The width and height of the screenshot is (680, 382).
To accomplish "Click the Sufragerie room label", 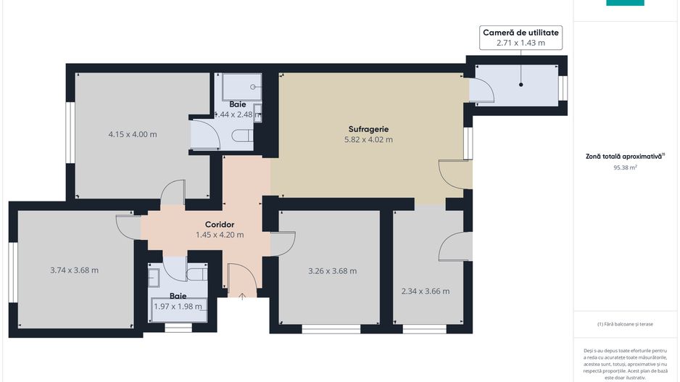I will [x=368, y=129].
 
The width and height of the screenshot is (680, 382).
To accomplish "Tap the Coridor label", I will [x=219, y=224].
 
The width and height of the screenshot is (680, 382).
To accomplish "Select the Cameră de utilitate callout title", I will [x=521, y=33].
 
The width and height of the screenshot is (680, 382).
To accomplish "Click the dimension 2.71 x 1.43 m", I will [x=521, y=43].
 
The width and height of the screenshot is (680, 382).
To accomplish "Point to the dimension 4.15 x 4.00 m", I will [x=133, y=134].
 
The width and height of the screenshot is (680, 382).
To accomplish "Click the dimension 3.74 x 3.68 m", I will [x=74, y=270].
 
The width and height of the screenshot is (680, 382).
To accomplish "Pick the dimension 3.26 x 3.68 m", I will [x=332, y=271].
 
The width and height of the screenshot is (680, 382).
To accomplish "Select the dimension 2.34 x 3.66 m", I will [x=426, y=291].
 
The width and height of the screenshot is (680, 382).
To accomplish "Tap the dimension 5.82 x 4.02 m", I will [x=368, y=140].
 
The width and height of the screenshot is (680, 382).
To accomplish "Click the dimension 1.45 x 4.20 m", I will [x=219, y=235].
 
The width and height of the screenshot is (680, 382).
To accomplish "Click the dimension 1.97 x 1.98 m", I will [x=178, y=307].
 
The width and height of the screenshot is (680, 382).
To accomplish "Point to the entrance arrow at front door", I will [x=242, y=295].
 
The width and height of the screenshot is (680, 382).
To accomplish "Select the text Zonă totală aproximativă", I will [x=625, y=156].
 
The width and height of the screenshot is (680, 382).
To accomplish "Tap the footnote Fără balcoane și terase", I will [x=625, y=324].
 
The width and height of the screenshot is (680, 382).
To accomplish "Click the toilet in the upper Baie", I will [x=243, y=136].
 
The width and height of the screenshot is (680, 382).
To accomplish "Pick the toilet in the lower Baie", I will [x=196, y=274].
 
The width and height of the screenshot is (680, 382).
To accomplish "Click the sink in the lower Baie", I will [x=154, y=276].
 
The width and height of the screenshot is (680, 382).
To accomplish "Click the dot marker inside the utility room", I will [x=521, y=85].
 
